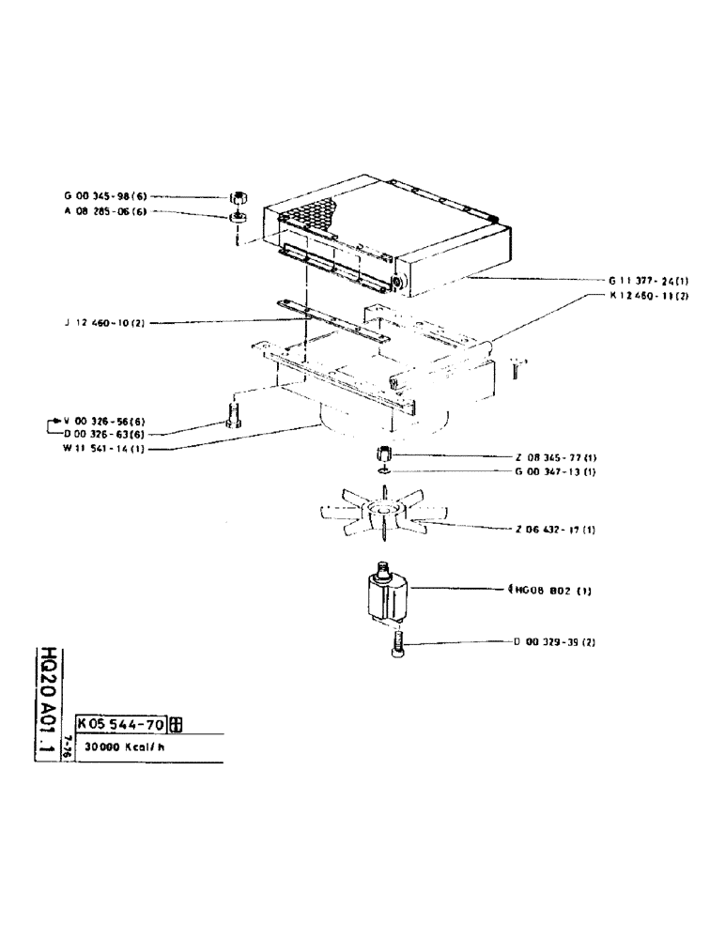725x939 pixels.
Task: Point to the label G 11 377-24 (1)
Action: tap(647, 280)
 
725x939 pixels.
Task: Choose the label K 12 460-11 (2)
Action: tap(647, 296)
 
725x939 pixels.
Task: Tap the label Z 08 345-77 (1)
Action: tap(555, 456)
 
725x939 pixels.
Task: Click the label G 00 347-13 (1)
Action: tap(555, 470)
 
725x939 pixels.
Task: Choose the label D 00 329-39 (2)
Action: tap(554, 643)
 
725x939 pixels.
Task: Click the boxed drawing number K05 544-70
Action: tap(121, 724)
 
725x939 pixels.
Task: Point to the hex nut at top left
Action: tap(239, 197)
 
